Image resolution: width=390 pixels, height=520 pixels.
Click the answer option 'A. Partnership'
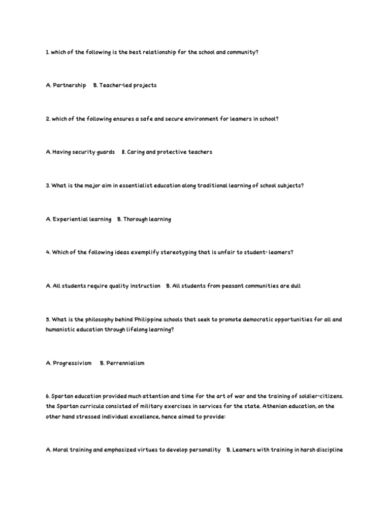coord(66,85)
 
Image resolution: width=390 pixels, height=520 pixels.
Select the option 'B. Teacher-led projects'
coord(125,85)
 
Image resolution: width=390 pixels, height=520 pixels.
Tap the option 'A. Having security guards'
coord(80,152)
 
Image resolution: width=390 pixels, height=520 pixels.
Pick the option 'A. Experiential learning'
coord(78,219)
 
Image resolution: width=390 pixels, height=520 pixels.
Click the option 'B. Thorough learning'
coord(144,219)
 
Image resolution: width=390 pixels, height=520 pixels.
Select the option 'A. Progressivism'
coord(69,363)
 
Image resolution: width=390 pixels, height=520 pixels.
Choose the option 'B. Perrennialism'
coord(122,363)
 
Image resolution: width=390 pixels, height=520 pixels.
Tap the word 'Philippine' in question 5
coord(149,319)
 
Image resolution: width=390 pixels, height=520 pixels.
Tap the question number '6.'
coord(48,396)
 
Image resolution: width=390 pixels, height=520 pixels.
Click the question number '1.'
coord(47,52)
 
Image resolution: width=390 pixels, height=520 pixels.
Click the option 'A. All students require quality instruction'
coord(103,286)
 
